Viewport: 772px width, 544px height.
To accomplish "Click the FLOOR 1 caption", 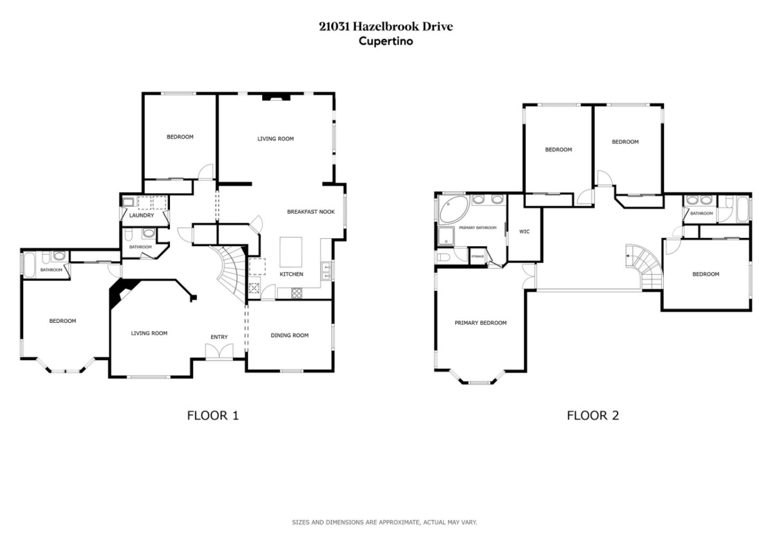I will [212, 415].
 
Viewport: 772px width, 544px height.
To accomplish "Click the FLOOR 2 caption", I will [592, 415].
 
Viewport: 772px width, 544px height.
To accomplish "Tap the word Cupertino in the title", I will [385, 41].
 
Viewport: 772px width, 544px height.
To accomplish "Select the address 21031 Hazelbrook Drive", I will [385, 26].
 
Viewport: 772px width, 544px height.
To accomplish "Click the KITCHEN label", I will [291, 274].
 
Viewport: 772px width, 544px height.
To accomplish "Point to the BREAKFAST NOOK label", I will [310, 211].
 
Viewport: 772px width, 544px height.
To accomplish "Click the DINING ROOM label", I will [289, 335].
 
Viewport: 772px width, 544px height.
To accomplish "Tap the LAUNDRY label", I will [142, 215].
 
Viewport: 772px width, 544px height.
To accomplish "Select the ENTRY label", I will [219, 337].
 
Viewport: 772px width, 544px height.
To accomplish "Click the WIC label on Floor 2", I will [524, 232].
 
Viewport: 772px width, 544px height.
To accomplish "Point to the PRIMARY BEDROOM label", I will [480, 323].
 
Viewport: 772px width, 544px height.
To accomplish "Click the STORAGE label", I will [477, 256].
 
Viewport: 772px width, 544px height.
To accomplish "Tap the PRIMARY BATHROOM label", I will [477, 228].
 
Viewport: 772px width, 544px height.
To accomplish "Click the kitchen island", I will [291, 252].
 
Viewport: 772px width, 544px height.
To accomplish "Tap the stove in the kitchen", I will [296, 293].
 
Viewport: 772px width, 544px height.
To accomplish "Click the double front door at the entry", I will [219, 352].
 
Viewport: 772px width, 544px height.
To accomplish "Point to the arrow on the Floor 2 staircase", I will [628, 256].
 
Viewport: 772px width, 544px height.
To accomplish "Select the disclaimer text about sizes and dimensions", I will [384, 522].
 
